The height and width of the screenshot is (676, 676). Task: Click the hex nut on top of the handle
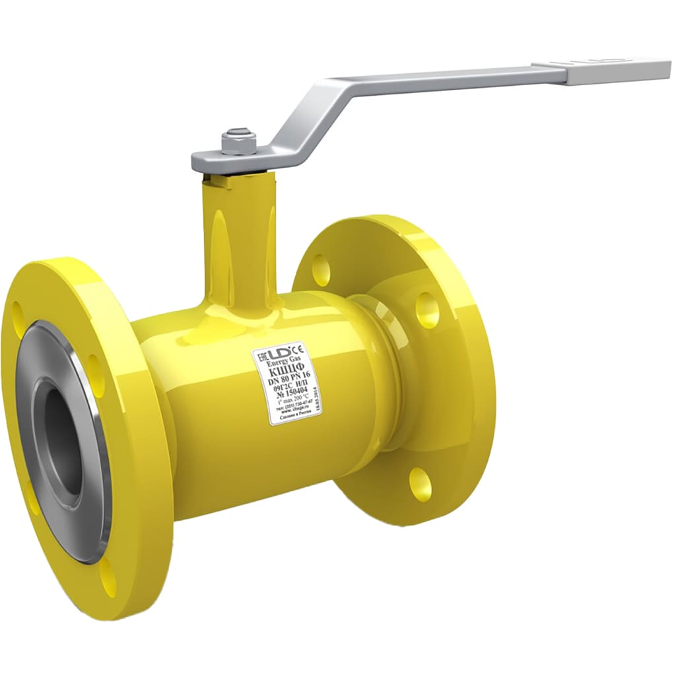point(239,141)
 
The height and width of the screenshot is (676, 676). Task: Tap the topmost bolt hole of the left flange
point(17,317)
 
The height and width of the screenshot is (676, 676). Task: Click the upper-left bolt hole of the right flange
point(321,267)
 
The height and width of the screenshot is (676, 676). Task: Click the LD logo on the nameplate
point(280,354)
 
